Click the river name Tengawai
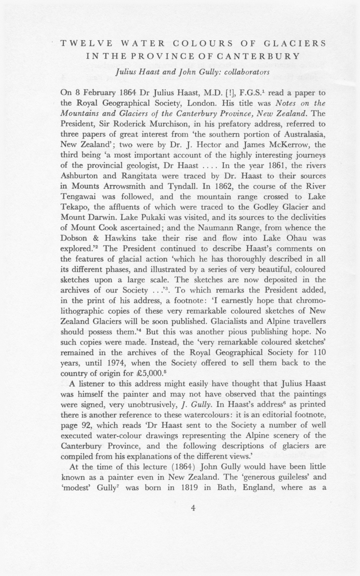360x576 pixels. (77, 197)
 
